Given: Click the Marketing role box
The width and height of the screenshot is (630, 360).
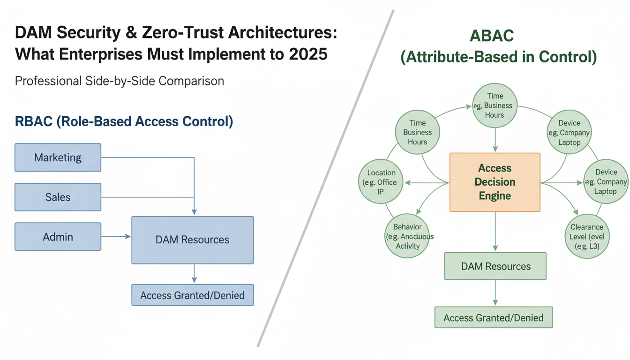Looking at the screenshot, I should coord(58,157).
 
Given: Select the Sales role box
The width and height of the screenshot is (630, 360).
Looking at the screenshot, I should coord(58,197).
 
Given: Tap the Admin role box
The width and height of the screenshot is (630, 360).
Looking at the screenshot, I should coord(58,237).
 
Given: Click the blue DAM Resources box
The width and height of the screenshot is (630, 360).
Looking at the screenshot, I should coord(192,240).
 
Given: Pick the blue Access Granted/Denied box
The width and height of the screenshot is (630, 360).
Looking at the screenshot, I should coord(192,295).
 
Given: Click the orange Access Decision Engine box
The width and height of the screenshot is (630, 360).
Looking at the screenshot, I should coord(495,182).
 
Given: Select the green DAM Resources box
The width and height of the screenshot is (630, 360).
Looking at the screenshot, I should coord(495,266).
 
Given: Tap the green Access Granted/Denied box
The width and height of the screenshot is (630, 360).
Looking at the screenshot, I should coord(494,318).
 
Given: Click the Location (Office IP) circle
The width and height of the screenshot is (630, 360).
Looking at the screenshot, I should coord(382,182).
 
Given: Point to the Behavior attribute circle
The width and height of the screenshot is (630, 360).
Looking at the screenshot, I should coord(407,236).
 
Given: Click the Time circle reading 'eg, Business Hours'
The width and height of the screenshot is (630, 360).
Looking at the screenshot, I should coord(495,105).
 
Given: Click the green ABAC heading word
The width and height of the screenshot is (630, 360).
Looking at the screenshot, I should coord(498,36).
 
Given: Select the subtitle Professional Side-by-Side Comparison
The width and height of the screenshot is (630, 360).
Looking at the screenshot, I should coord(120,81).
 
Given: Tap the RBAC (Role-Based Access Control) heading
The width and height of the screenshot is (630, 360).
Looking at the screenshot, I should coord(124,121).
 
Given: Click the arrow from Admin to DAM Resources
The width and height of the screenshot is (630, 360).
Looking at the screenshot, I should coord(116,237).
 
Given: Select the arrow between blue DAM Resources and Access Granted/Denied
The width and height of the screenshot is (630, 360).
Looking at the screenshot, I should coord(194,274).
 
